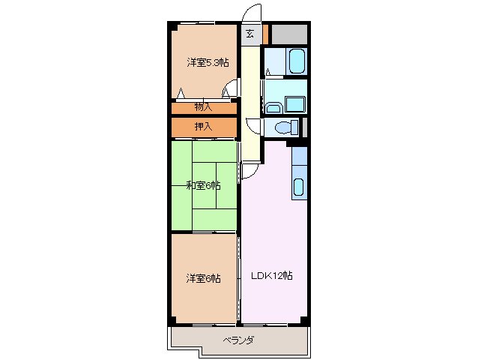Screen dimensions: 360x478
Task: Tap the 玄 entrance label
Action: [x=249, y=34]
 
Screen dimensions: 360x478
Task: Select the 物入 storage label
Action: [x=204, y=107]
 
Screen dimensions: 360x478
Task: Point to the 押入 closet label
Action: [x=204, y=127]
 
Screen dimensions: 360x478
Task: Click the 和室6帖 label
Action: [x=203, y=185]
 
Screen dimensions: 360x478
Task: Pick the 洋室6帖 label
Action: [x=203, y=278]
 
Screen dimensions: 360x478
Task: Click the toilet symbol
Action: [x=285, y=127]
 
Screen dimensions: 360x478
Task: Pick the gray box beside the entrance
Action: [x=289, y=34]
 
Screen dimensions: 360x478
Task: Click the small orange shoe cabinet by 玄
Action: [x=266, y=34]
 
